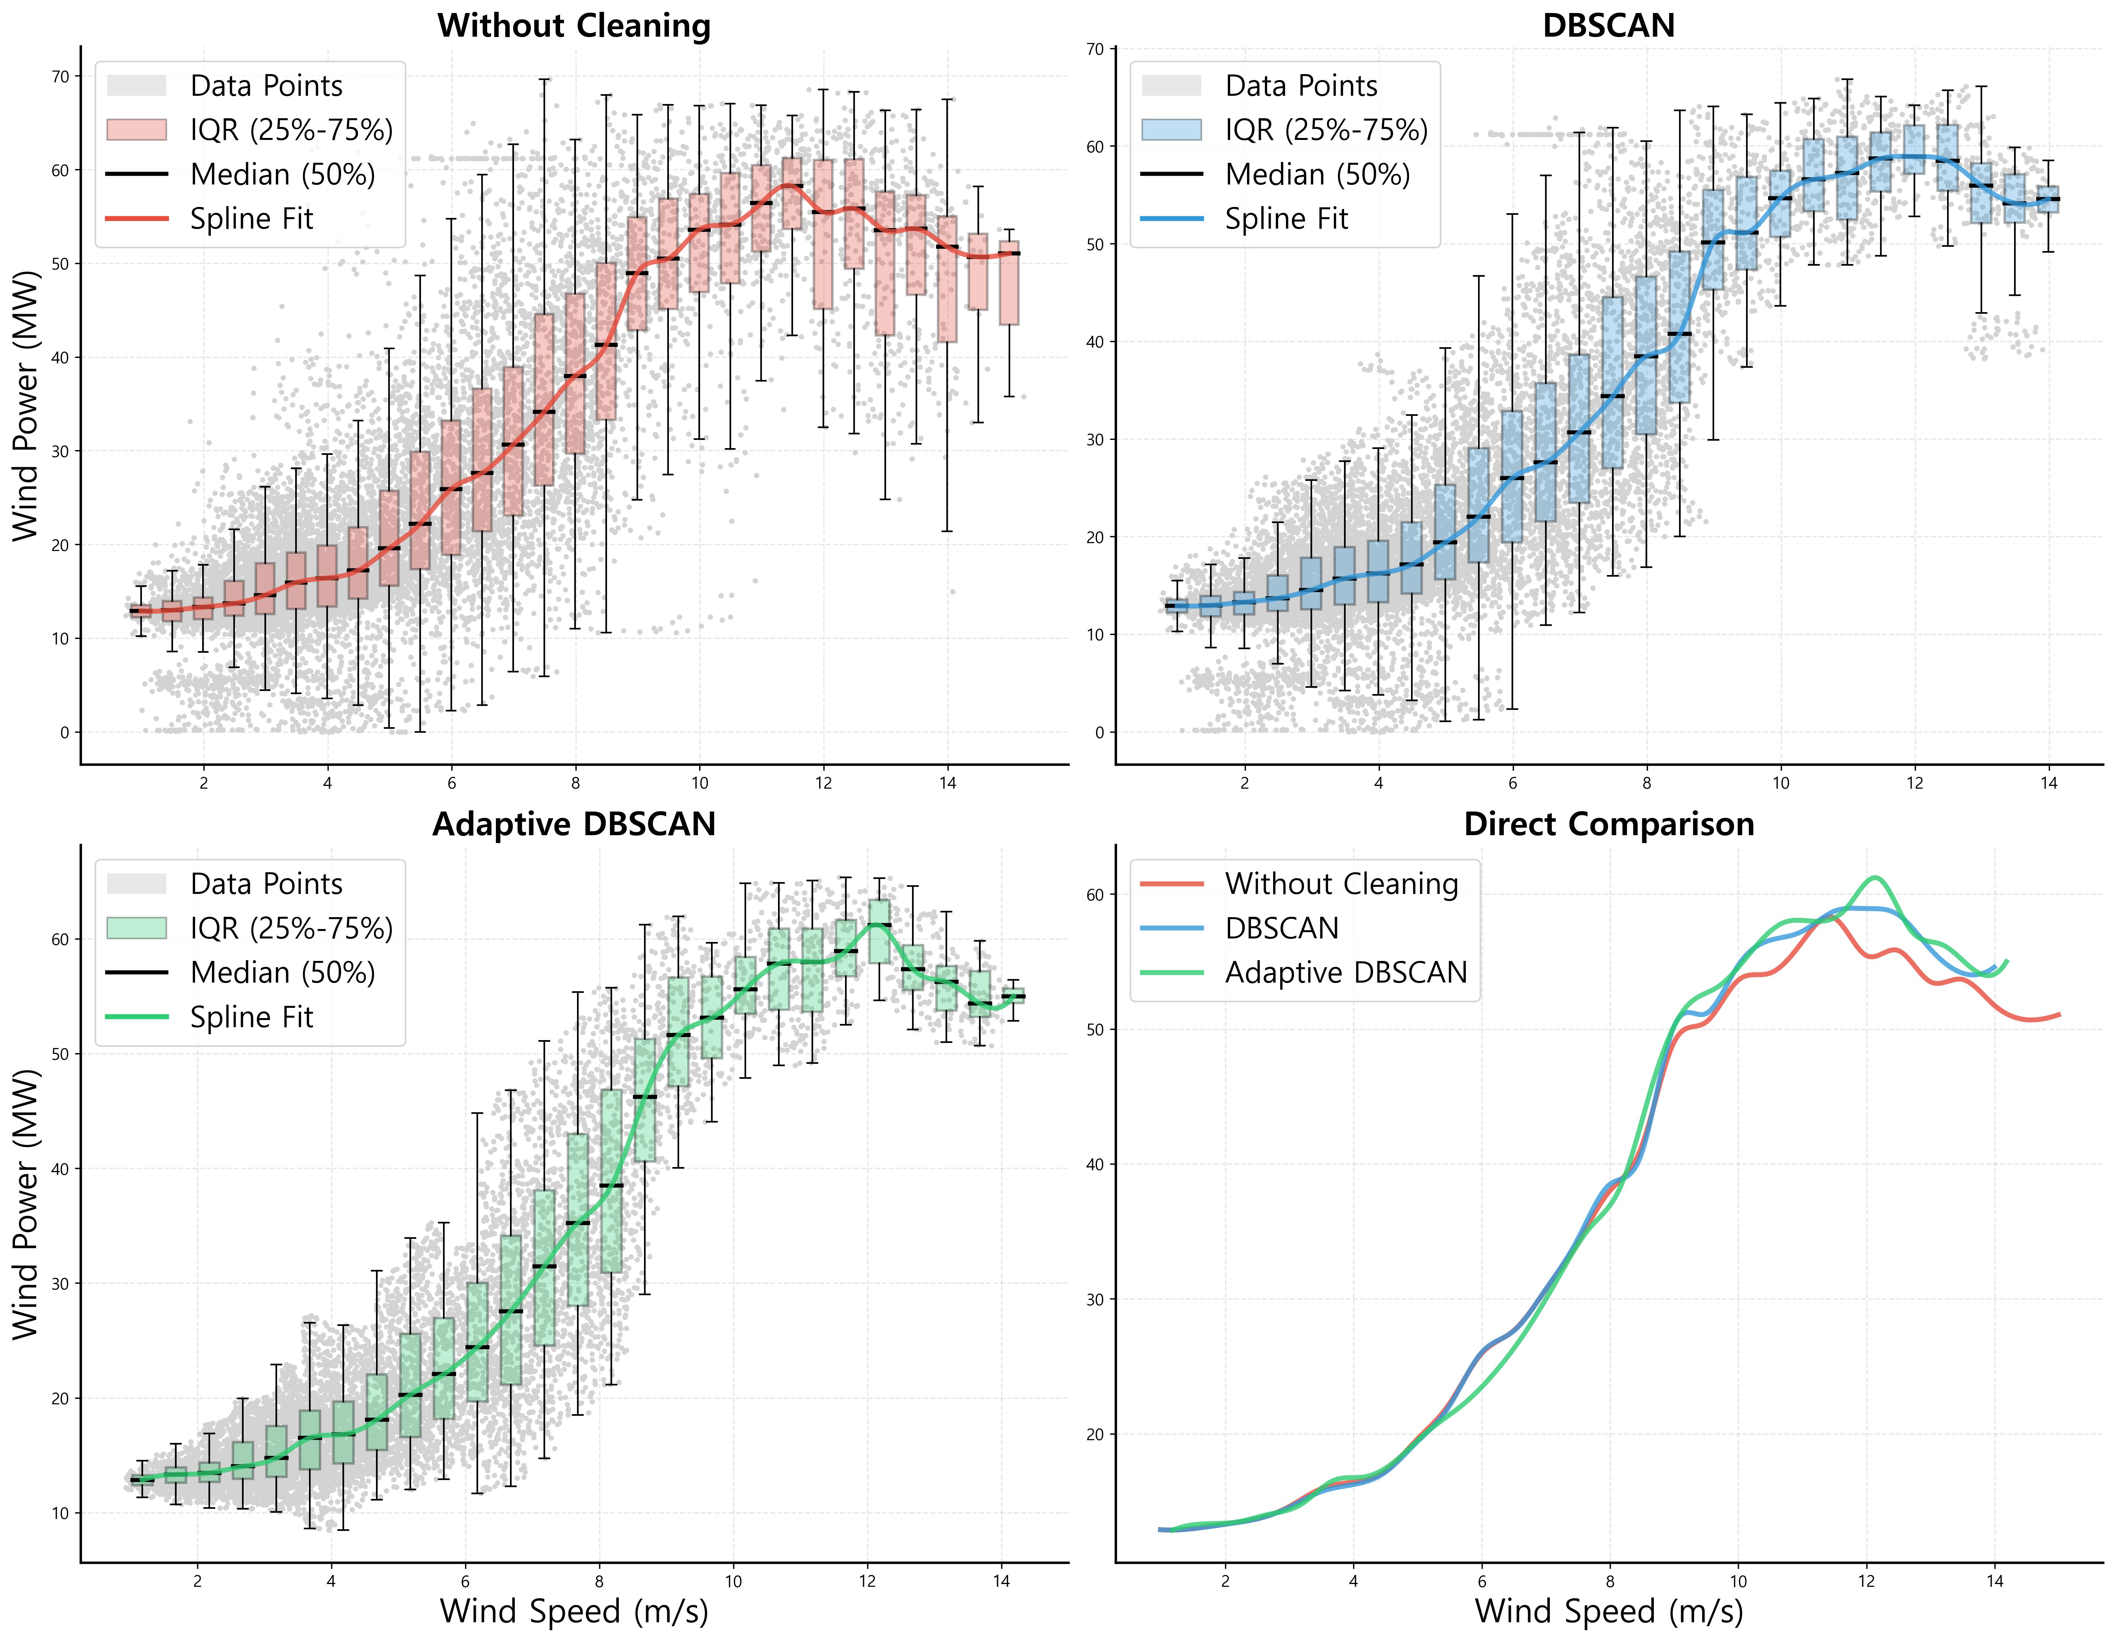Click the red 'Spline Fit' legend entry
[x=251, y=219]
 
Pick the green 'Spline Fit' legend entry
[x=251, y=1016]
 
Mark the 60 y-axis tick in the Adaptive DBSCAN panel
[x=60, y=939]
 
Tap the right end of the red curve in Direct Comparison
[x=2059, y=1015]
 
